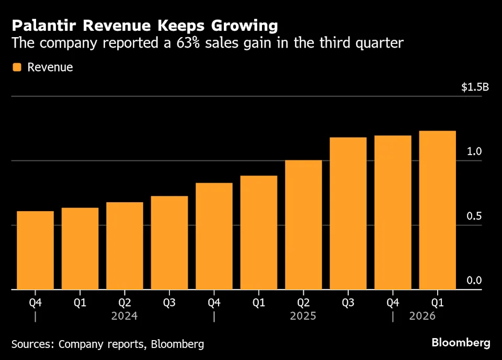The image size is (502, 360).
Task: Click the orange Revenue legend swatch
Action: [17, 67]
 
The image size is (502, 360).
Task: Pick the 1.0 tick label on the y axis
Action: [474, 152]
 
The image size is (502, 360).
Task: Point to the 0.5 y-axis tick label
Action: [474, 216]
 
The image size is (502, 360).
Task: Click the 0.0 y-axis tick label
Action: [474, 281]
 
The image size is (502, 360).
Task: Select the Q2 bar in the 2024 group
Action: [124, 246]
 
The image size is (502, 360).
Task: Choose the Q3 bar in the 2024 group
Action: [169, 242]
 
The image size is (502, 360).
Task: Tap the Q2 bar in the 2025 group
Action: [303, 225]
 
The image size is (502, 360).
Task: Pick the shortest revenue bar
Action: [35, 250]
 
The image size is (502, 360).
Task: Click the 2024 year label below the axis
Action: [124, 316]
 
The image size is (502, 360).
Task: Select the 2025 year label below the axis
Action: [303, 316]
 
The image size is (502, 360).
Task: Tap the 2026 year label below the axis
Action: [422, 316]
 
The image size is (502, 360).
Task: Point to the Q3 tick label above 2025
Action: [348, 303]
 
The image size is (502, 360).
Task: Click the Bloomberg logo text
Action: [461, 343]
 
